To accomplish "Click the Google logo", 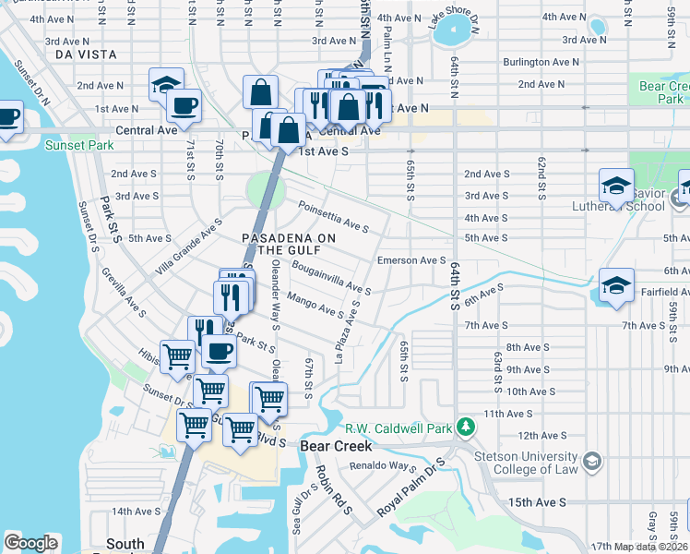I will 31,542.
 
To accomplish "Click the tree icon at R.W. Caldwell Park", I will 468,428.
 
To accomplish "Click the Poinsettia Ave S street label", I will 332,218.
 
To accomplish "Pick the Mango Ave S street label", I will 315,305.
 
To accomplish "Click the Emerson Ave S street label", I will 411,260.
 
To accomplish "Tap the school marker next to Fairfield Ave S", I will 616,285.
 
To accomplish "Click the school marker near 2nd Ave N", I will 166,84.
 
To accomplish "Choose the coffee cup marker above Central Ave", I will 184,104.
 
